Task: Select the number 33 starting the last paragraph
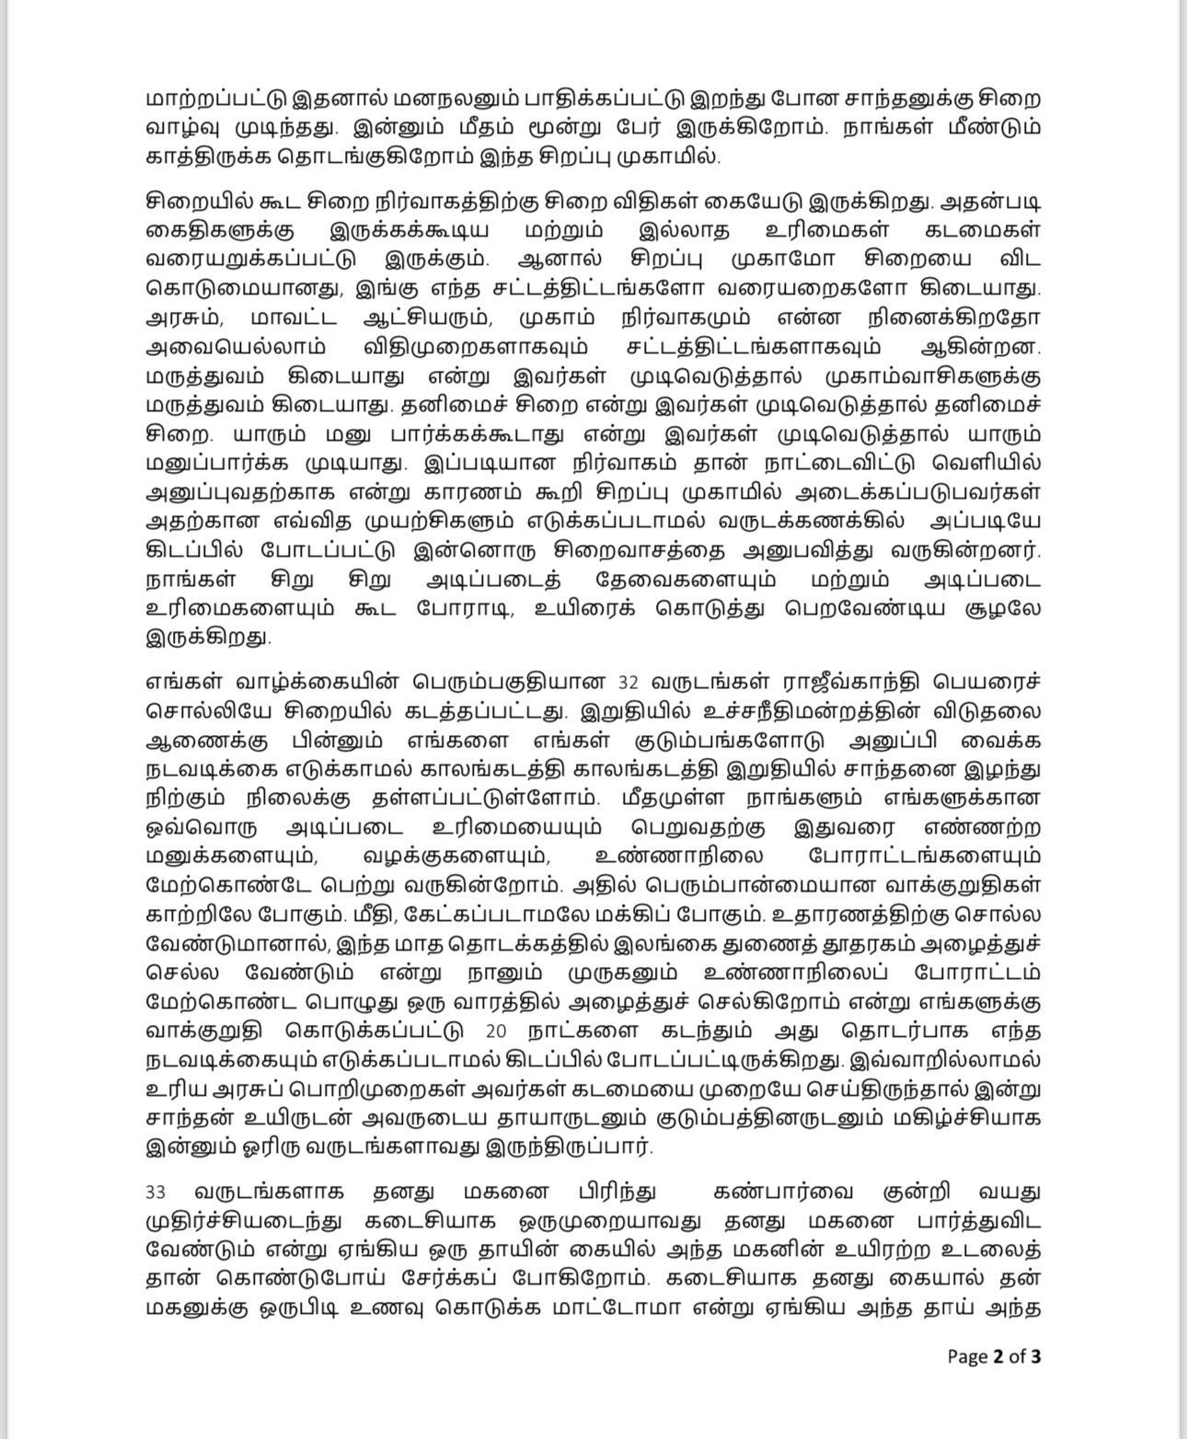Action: tap(156, 1192)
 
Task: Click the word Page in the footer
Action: tap(967, 1356)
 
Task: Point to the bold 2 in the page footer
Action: tap(997, 1356)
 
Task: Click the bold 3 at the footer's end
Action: tap(1036, 1356)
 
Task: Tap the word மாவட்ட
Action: tap(294, 318)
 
